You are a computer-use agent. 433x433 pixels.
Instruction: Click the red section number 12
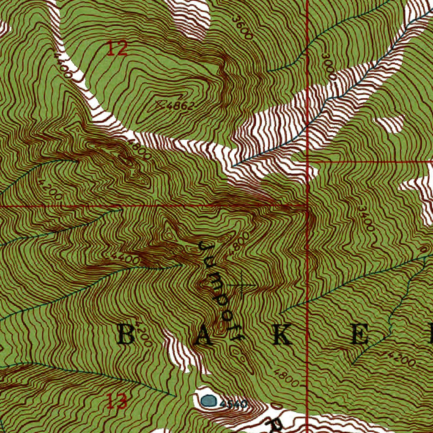(116, 49)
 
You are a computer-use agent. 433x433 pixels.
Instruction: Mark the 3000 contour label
(329, 67)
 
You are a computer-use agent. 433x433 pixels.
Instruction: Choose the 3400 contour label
(366, 218)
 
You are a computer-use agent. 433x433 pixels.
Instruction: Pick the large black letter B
(126, 335)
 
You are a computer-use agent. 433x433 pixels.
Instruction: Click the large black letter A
(203, 336)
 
